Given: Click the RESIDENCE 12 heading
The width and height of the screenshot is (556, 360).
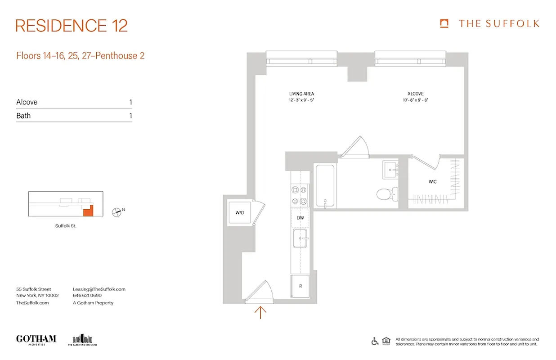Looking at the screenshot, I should pyautogui.click(x=72, y=26).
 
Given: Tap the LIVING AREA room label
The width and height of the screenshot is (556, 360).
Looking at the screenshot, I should pyautogui.click(x=301, y=94).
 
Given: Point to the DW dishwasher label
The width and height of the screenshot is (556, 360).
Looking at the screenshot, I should pyautogui.click(x=300, y=218).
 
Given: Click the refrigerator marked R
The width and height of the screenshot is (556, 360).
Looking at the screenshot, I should pyautogui.click(x=300, y=286).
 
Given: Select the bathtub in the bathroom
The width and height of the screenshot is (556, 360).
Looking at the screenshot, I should pyautogui.click(x=324, y=186).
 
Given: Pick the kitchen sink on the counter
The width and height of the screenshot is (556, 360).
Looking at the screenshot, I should pyautogui.click(x=300, y=238).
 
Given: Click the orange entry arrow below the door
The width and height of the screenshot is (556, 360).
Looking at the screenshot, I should pyautogui.click(x=260, y=312).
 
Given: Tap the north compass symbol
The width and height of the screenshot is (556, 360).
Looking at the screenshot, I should pyautogui.click(x=117, y=211).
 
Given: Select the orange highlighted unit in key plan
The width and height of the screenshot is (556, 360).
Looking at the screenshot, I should pyautogui.click(x=89, y=211).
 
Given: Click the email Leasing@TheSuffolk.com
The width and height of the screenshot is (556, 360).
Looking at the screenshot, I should pyautogui.click(x=99, y=289).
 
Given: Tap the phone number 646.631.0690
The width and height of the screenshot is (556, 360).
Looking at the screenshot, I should pyautogui.click(x=87, y=296).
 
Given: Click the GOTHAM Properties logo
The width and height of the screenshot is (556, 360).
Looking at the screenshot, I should pyautogui.click(x=36, y=339).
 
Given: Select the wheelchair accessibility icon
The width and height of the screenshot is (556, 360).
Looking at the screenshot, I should pyautogui.click(x=375, y=341).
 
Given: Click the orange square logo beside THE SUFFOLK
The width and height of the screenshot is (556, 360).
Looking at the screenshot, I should pyautogui.click(x=444, y=23).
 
